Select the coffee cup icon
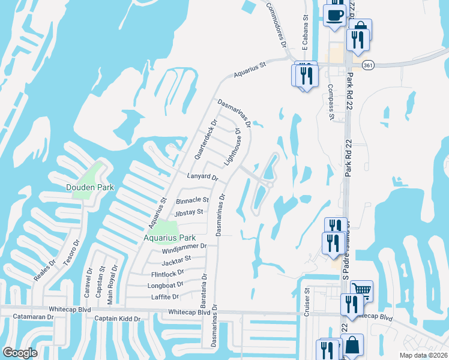[334, 14]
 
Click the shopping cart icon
[361, 290]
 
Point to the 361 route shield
[368, 66]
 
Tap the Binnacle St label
[192, 200]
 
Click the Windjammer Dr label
[184, 246]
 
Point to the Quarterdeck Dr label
[204, 139]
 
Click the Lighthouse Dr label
[232, 146]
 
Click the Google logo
[20, 352]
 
